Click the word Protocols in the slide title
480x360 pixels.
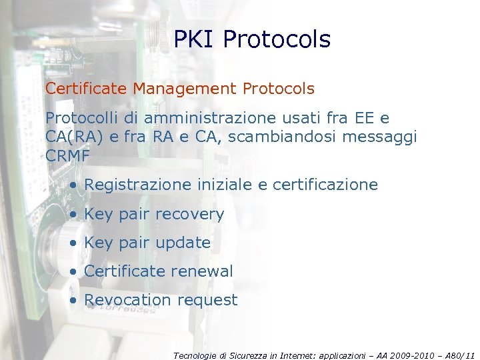277,40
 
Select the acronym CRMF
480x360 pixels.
67,157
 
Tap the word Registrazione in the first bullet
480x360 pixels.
138,185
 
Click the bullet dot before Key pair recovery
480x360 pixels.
74,215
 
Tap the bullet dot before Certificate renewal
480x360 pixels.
74,272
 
